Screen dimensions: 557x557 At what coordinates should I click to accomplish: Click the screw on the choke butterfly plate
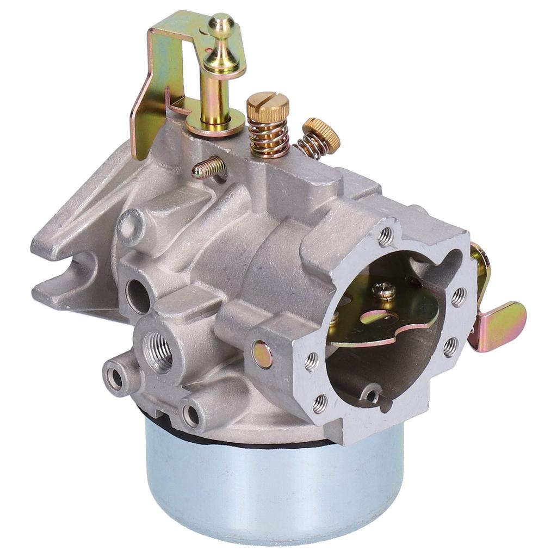384,291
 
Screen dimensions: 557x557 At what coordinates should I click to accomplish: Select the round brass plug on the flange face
263,355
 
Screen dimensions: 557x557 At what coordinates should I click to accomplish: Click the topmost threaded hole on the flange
386,235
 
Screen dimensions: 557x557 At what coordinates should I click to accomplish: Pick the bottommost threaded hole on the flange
320,403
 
